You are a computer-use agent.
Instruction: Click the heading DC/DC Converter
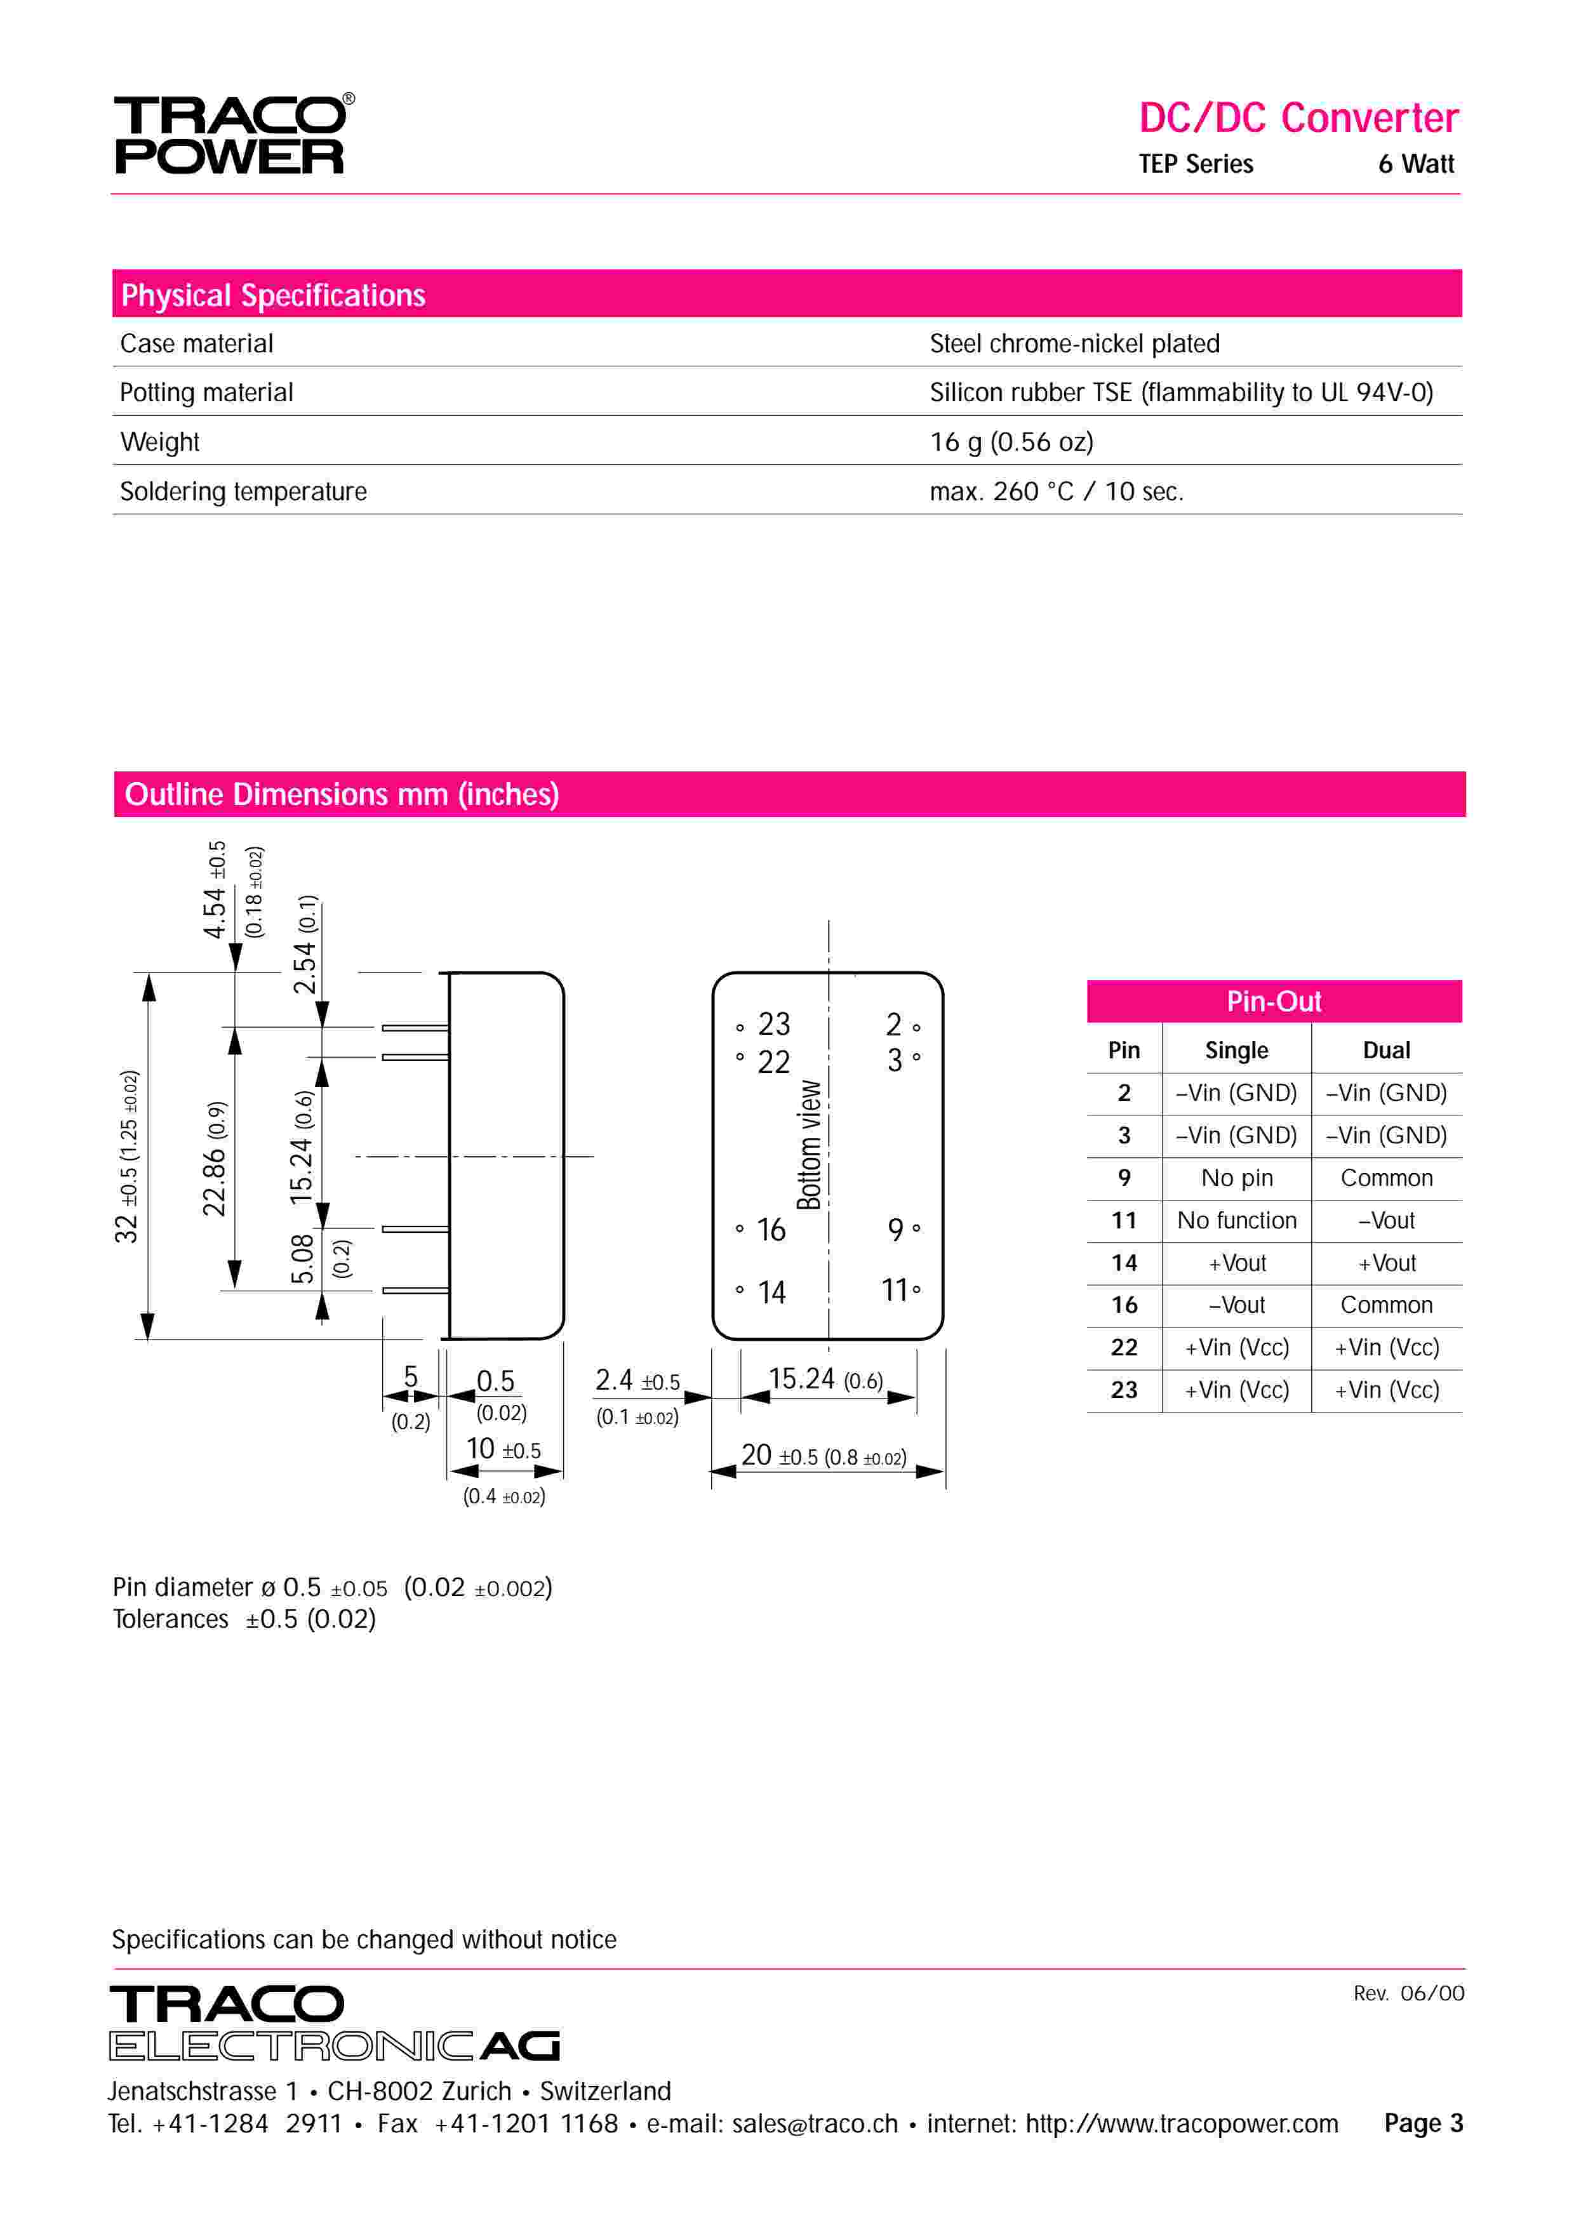tap(1298, 118)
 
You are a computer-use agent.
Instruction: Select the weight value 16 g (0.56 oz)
tap(1011, 442)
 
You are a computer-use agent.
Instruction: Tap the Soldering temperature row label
tap(243, 492)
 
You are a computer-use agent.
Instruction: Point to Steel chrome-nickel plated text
tap(1074, 343)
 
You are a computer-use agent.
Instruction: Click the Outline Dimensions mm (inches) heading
tap(342, 794)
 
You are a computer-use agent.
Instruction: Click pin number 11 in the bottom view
tap(894, 1290)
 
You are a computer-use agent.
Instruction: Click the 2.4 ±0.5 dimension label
tap(636, 1380)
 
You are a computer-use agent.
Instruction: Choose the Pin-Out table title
tap(1274, 1001)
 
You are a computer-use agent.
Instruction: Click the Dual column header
tap(1386, 1051)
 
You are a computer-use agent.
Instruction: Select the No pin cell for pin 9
tap(1236, 1178)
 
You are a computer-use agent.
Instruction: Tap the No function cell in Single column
tap(1236, 1220)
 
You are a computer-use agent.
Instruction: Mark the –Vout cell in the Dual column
tap(1386, 1220)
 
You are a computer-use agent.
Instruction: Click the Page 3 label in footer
tap(1423, 2124)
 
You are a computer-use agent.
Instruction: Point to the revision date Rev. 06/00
tap(1408, 1993)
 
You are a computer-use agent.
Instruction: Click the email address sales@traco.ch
tap(815, 2124)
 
